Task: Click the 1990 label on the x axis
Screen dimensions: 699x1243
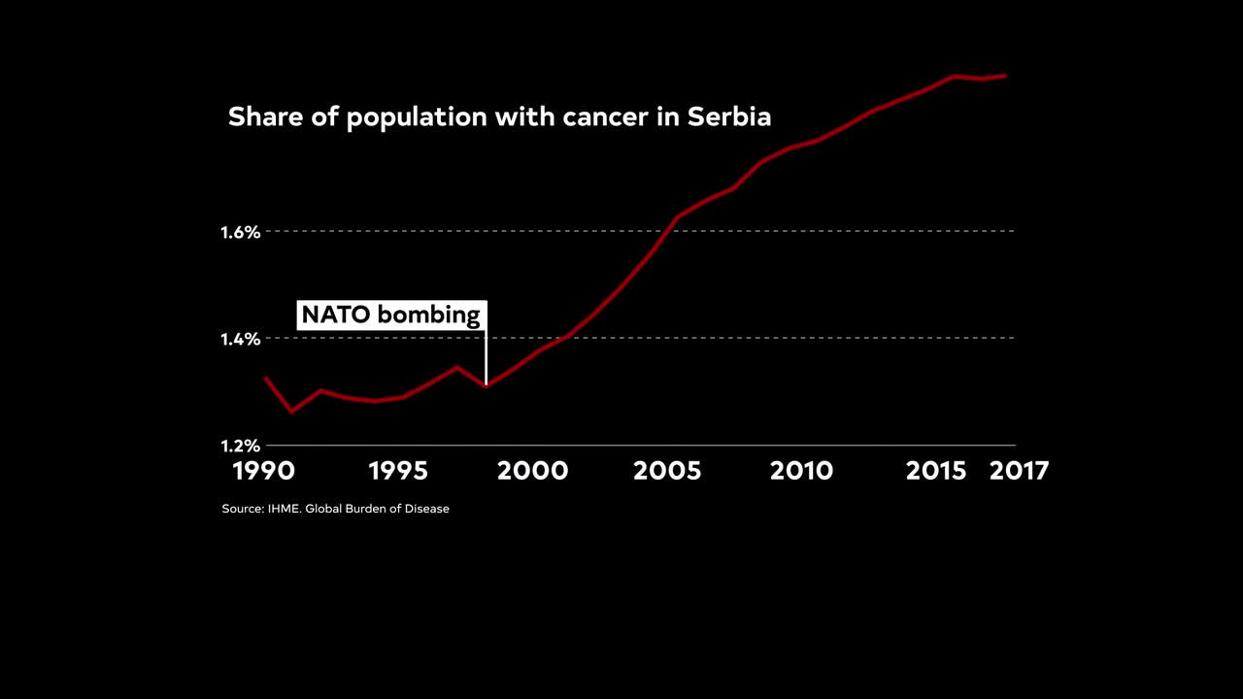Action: pos(263,471)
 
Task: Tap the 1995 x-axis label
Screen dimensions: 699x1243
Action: pos(398,471)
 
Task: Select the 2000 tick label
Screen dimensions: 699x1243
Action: pos(532,471)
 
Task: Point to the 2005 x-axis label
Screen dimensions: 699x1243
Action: pos(667,471)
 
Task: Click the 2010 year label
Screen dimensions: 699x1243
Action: pos(801,471)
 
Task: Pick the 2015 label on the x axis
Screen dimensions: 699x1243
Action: pos(936,471)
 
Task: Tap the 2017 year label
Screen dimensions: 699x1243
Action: pos(1019,471)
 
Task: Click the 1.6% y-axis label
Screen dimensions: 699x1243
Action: pos(241,232)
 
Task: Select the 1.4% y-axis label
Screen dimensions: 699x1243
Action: pos(241,339)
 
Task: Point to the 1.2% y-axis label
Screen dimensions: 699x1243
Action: pos(241,446)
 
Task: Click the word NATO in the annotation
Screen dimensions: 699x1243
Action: pos(336,316)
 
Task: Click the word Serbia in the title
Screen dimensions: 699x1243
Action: pos(729,116)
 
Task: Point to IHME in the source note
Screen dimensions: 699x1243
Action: pos(284,509)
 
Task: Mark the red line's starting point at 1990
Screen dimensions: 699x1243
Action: pos(266,378)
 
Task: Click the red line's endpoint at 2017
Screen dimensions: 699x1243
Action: pos(1005,75)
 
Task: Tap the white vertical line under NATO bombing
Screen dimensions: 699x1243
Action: pos(486,359)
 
